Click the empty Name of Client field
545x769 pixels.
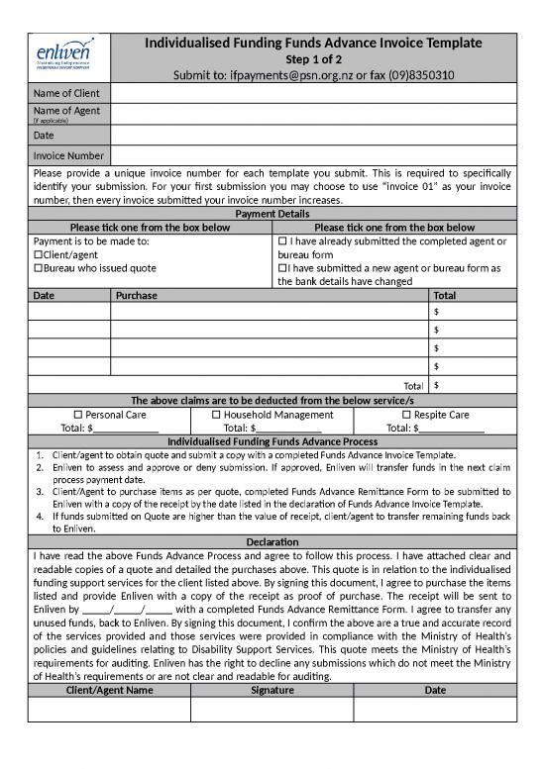pos(312,94)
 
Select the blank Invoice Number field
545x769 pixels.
pos(312,155)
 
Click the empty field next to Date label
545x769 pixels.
pos(312,135)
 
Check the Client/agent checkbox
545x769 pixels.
pos(38,255)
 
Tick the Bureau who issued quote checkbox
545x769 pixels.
pos(38,268)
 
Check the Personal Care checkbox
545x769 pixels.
pos(79,415)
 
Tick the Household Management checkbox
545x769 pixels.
pos(216,415)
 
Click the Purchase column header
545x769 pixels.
pos(137,295)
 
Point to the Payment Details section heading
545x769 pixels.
pos(272,214)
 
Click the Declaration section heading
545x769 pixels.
pos(272,541)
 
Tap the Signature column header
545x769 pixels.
pos(272,690)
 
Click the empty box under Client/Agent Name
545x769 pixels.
pos(109,710)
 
